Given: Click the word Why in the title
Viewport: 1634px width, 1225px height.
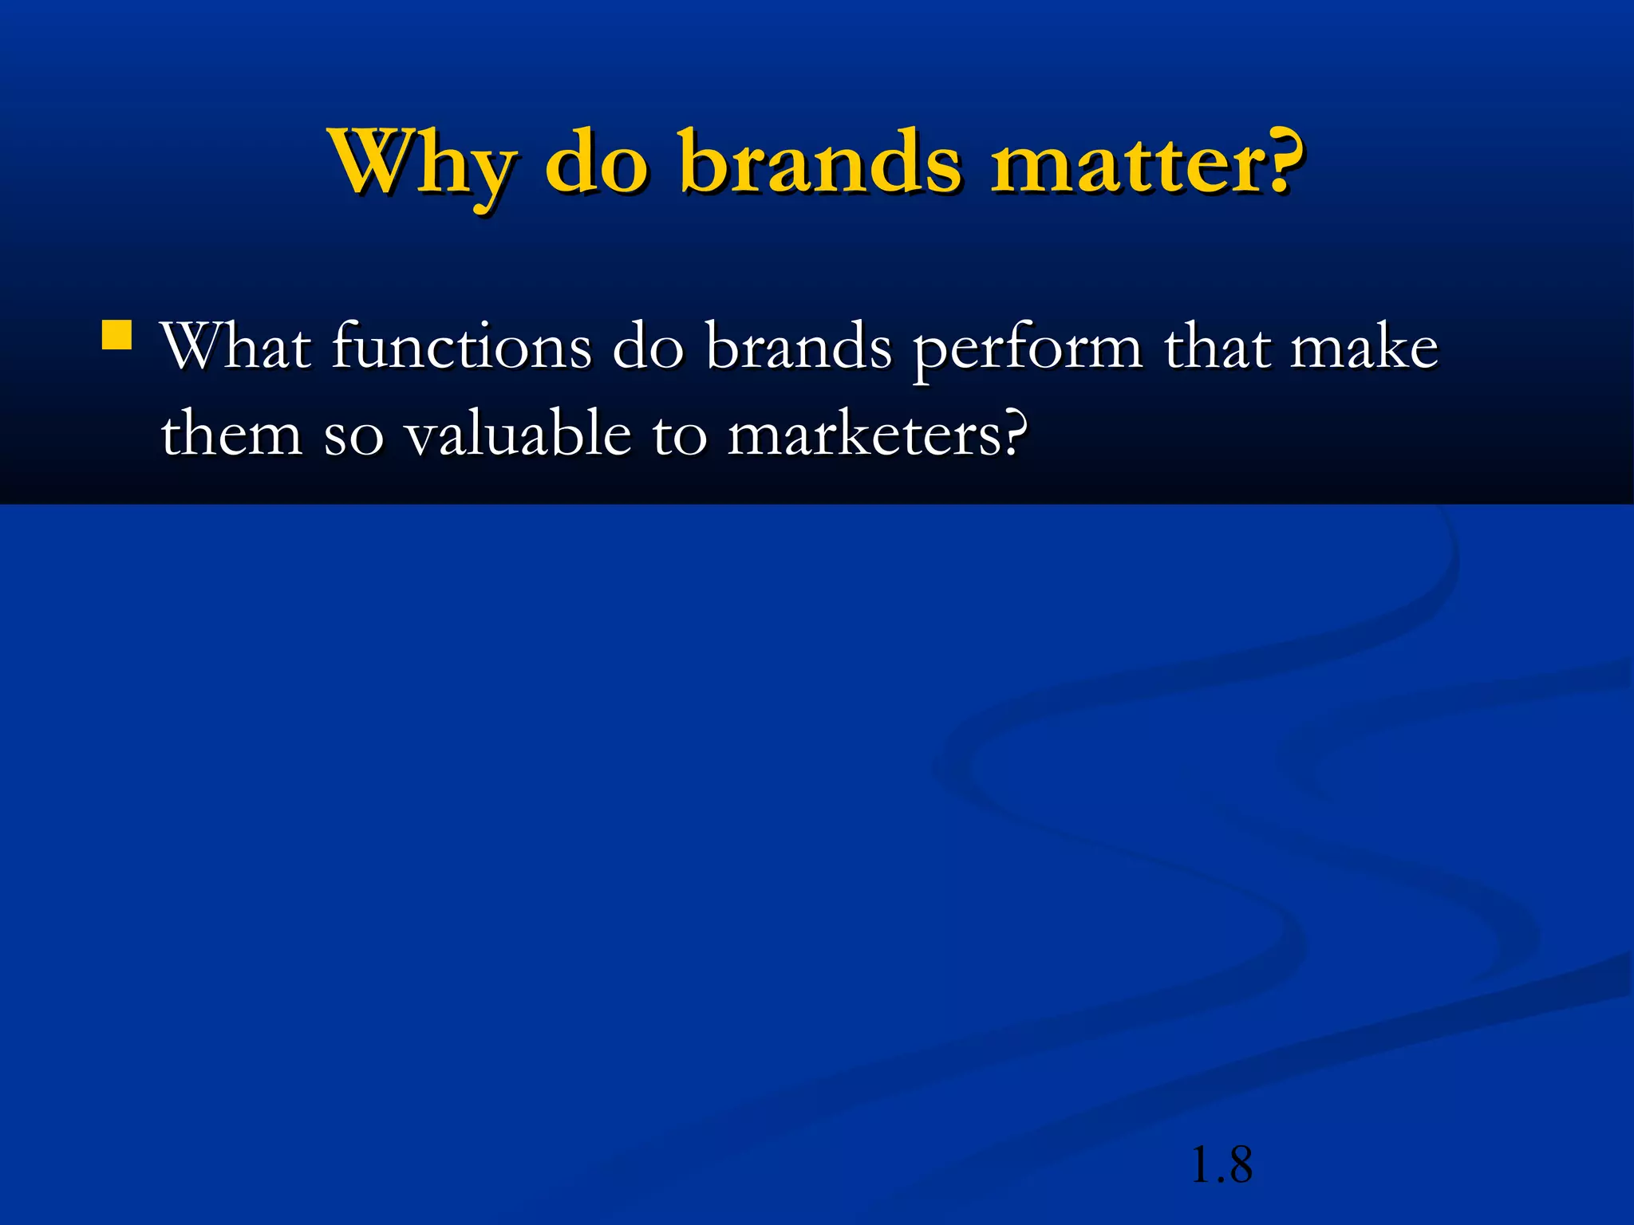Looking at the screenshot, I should tap(423, 163).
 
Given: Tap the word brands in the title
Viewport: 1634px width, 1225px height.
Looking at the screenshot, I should tap(822, 163).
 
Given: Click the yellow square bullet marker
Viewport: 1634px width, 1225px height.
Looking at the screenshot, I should tap(117, 336).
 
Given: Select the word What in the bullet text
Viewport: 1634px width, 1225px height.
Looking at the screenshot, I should tap(236, 348).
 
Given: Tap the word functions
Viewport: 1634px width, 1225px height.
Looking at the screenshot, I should tap(461, 348).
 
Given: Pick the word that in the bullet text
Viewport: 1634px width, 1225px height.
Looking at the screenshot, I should tap(1216, 348).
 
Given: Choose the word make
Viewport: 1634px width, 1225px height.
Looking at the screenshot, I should tap(1364, 348).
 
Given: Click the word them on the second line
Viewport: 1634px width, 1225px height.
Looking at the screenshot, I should tap(231, 435).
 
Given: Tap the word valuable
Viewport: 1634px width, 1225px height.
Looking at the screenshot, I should tap(518, 435).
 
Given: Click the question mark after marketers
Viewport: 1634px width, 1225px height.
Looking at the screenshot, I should tap(1013, 432).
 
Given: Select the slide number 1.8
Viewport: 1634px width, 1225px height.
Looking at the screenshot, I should tap(1221, 1165).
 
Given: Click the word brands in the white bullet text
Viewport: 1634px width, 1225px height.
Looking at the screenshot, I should tap(799, 348).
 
